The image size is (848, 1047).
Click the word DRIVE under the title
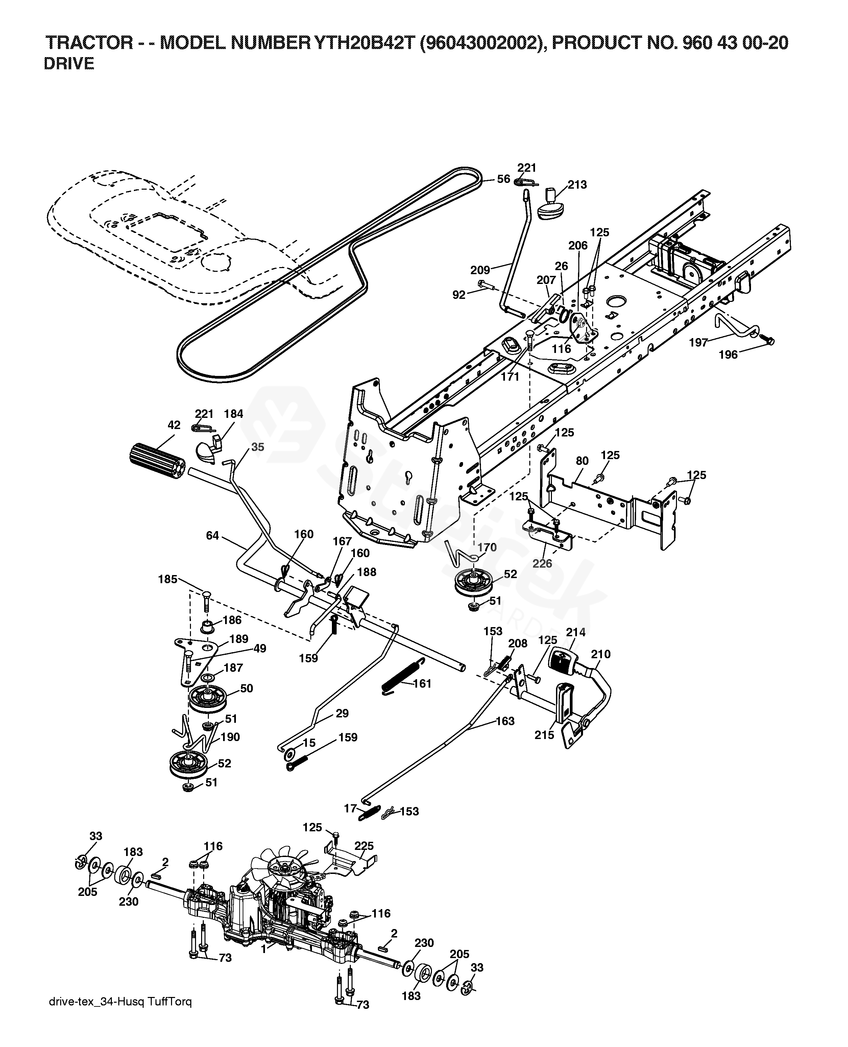tap(69, 64)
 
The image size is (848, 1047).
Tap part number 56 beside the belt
tap(504, 179)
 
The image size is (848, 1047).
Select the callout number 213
tap(577, 185)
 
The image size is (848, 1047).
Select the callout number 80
tap(582, 461)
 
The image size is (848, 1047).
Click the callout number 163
tap(505, 721)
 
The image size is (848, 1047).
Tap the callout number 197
tap(698, 342)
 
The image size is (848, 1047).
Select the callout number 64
tap(213, 536)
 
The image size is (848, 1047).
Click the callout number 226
tap(542, 563)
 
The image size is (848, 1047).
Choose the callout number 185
tap(168, 580)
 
